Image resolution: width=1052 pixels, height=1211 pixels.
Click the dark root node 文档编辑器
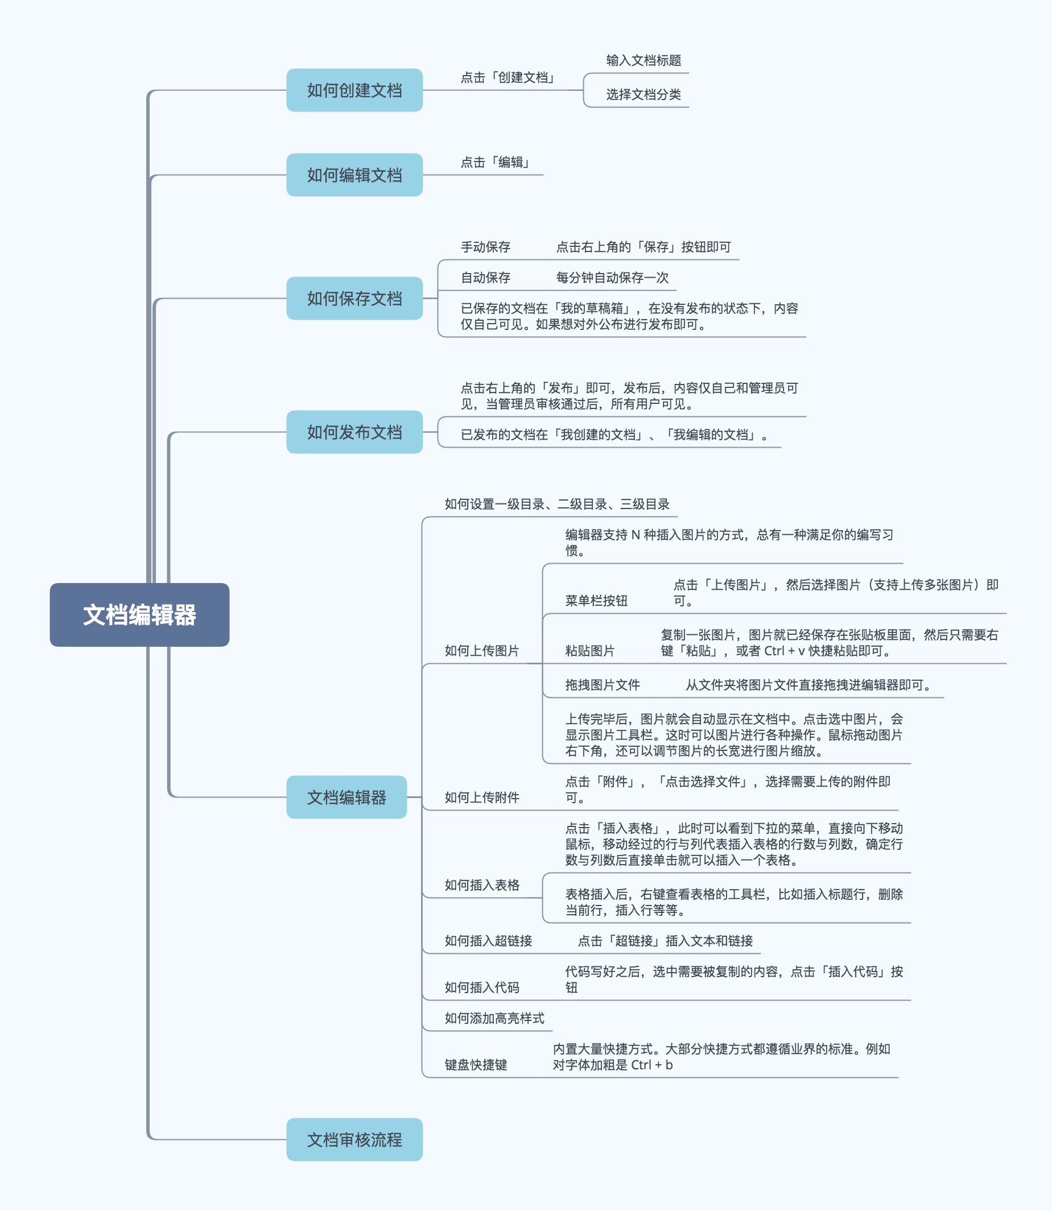(139, 614)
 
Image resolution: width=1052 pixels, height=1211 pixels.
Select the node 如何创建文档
(354, 90)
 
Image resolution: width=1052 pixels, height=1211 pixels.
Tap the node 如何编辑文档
(354, 175)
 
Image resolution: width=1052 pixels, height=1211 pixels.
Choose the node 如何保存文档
(354, 298)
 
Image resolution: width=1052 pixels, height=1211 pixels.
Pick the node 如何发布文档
(354, 432)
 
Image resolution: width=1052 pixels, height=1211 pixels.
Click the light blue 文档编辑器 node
(346, 797)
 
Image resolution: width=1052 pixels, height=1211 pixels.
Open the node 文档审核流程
(354, 1139)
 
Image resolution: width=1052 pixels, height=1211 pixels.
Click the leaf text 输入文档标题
(643, 60)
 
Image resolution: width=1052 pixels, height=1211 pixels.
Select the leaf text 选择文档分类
(643, 94)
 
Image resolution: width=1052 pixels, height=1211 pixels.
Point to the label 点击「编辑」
(496, 162)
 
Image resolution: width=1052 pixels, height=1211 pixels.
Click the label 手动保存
(485, 247)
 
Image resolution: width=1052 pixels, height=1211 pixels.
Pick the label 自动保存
(485, 278)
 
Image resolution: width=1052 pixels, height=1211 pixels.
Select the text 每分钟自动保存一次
(612, 278)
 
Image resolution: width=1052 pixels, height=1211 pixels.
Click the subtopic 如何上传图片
(481, 650)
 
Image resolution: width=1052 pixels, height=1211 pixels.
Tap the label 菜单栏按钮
(596, 601)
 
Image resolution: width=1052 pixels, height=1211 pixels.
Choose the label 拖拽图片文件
(603, 685)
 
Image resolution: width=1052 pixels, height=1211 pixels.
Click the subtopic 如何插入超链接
(488, 941)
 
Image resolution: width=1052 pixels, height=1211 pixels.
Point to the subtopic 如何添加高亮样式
(494, 1018)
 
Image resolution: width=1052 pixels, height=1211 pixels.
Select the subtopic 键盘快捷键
(476, 1065)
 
